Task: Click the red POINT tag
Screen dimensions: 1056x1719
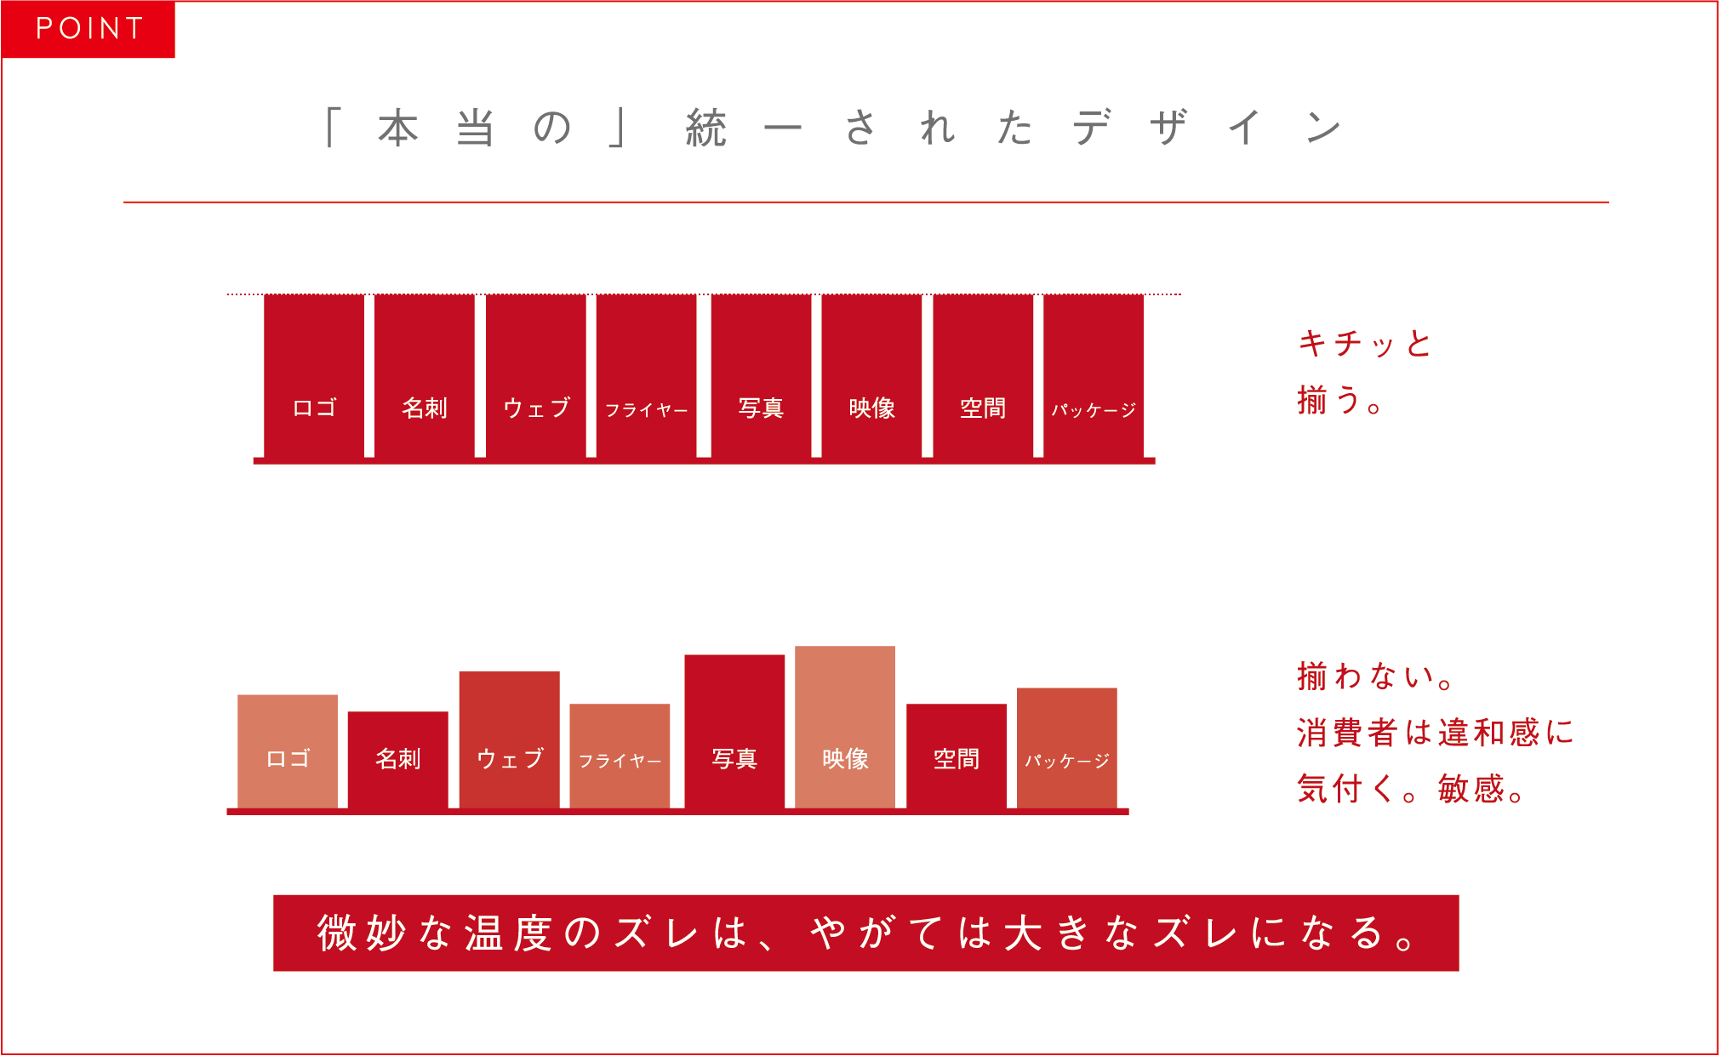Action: (89, 29)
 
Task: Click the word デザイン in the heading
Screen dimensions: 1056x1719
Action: (1207, 128)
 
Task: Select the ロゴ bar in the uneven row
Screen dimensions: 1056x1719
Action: (288, 751)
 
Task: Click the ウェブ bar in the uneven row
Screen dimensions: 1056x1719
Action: (510, 739)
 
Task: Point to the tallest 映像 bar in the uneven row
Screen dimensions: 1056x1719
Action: (845, 727)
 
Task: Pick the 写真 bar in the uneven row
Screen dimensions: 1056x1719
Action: (734, 731)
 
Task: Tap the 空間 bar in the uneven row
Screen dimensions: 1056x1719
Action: (957, 756)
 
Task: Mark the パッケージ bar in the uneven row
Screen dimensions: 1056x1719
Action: (1067, 748)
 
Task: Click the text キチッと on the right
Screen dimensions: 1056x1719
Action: (1365, 344)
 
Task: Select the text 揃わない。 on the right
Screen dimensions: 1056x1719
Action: (1375, 676)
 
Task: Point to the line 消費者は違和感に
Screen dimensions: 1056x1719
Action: (1435, 733)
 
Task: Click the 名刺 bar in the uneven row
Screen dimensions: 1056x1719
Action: (398, 760)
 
